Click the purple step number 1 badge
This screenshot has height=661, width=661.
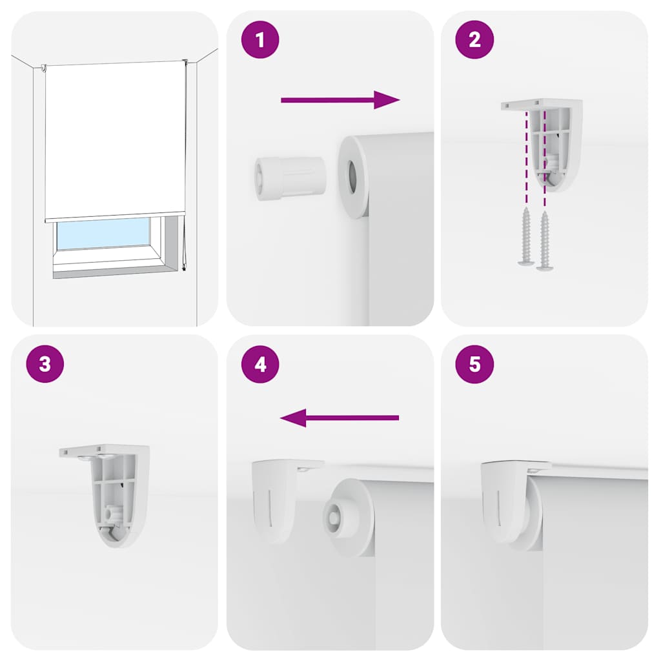(x=260, y=40)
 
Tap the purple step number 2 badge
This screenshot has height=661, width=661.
(x=474, y=40)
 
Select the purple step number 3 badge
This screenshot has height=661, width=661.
(x=45, y=363)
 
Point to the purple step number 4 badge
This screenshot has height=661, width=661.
(x=260, y=363)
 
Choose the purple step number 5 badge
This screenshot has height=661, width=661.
(x=474, y=363)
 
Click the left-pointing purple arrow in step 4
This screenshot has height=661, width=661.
(x=340, y=418)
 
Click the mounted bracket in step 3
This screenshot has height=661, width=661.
(x=113, y=491)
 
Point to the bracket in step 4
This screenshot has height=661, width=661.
(x=278, y=494)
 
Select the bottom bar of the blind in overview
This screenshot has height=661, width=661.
(x=114, y=217)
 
